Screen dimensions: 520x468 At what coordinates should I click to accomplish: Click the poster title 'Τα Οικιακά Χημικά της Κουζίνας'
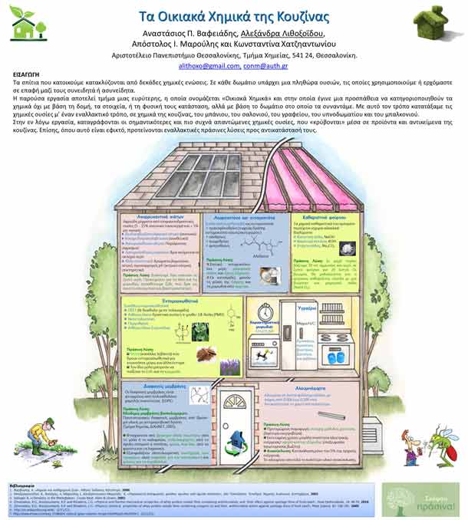coord(233,18)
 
